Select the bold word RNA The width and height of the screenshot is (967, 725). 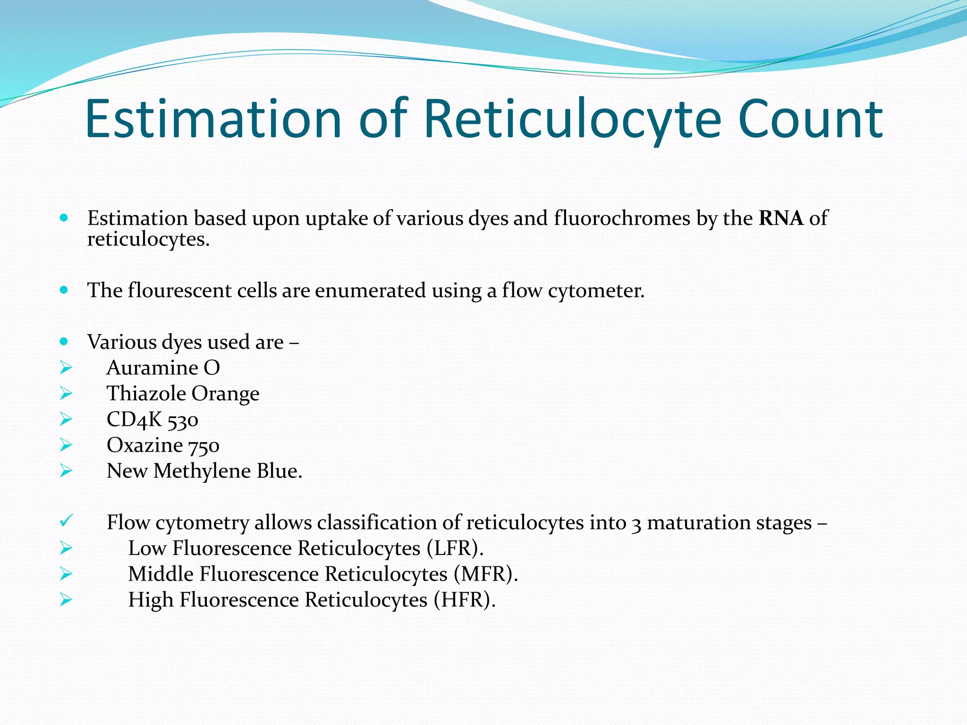point(781,218)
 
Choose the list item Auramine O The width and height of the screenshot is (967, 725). point(163,368)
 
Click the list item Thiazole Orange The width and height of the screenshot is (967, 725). point(183,394)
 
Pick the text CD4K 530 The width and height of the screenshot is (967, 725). point(152,420)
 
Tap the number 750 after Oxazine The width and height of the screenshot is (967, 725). point(204,446)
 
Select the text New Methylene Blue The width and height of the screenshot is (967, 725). point(204,471)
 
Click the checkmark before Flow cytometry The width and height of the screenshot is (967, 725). point(65,522)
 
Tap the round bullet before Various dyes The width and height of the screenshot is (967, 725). point(64,341)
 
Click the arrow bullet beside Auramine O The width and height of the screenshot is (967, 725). point(66,368)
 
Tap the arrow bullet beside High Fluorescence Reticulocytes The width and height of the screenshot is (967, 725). point(66,600)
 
